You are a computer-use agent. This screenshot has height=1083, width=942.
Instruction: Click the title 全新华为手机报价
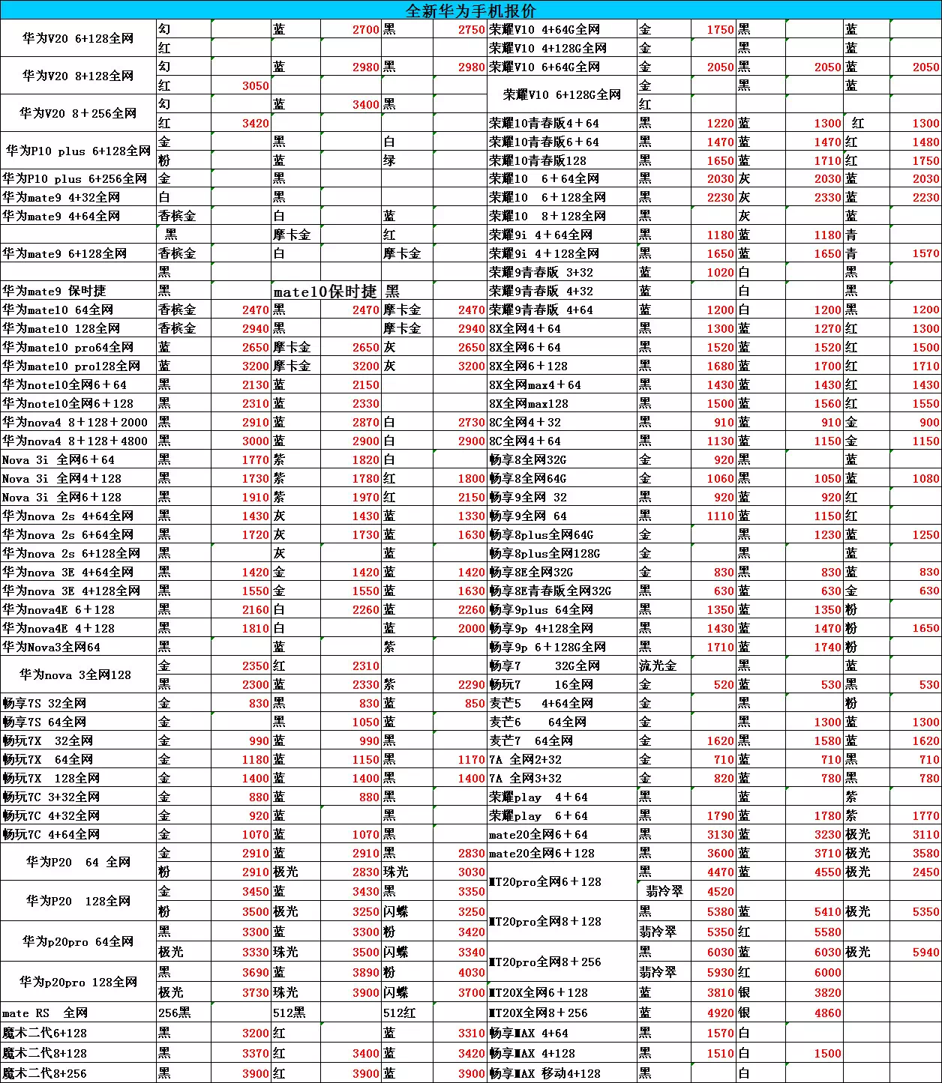pos(471,10)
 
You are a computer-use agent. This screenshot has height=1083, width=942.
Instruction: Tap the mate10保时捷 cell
pos(325,291)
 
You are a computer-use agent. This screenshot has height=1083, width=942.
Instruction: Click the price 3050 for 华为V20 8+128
pos(255,85)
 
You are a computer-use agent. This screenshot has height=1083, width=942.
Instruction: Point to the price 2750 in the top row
pos(471,29)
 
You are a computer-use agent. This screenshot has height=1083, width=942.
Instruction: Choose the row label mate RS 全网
pos(45,1013)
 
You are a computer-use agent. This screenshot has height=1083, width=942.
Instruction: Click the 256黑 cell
pos(175,1013)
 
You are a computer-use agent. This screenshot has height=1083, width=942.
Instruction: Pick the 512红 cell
pos(400,1013)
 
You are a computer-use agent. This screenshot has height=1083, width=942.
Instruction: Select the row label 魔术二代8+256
pos(45,1073)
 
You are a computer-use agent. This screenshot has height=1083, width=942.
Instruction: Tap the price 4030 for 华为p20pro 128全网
pos(471,972)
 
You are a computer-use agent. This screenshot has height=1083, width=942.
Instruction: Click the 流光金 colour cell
pos(658,666)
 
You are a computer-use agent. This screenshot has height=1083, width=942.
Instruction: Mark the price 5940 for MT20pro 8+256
pos(925,952)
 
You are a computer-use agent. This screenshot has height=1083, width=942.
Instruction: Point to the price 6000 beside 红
pos(827,972)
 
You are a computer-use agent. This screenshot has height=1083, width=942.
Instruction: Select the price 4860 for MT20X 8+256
pos(827,1013)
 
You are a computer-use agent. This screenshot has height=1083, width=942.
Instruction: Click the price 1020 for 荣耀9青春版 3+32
pos(720,272)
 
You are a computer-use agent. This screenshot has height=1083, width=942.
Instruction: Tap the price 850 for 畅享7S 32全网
pos(474,703)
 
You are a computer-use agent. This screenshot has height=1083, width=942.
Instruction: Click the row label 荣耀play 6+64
pos(538,815)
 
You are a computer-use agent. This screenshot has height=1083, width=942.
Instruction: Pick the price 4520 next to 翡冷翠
pos(720,892)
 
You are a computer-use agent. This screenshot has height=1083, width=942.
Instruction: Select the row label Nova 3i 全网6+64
pos(58,459)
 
